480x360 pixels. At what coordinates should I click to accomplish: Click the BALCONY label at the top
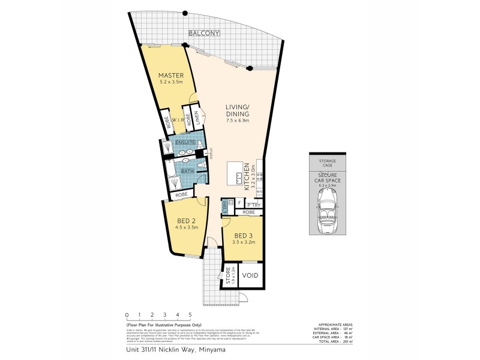pyautogui.click(x=205, y=34)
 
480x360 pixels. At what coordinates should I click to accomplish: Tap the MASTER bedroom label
pyautogui.click(x=170, y=76)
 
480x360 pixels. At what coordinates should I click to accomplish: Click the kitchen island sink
pyautogui.click(x=240, y=177)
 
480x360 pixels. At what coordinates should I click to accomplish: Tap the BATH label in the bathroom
pyautogui.click(x=187, y=171)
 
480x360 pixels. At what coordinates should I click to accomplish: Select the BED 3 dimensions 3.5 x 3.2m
pyautogui.click(x=245, y=242)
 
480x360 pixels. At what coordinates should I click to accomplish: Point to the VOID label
pyautogui.click(x=250, y=277)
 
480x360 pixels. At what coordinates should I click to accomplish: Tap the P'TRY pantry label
pyautogui.click(x=253, y=205)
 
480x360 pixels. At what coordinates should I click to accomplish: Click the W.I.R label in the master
pyautogui.click(x=177, y=120)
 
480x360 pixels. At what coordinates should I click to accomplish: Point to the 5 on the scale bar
pyautogui.click(x=190, y=314)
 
